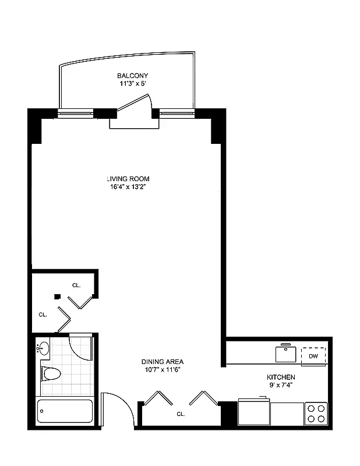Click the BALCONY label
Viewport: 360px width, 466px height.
pos(133,76)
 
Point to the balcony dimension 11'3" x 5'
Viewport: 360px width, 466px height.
pos(133,84)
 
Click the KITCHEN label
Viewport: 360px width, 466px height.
pos(281,377)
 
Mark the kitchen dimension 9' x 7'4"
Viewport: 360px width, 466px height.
pos(281,386)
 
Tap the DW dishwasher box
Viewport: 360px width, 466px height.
pos(313,356)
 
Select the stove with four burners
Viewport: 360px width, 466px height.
pos(316,413)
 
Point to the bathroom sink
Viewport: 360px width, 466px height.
pos(44,348)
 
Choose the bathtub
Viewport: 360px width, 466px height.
pos(64,411)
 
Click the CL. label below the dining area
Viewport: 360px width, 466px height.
pos(181,414)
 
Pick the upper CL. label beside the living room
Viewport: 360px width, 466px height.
pos(76,285)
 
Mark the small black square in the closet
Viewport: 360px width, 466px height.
pos(57,296)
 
